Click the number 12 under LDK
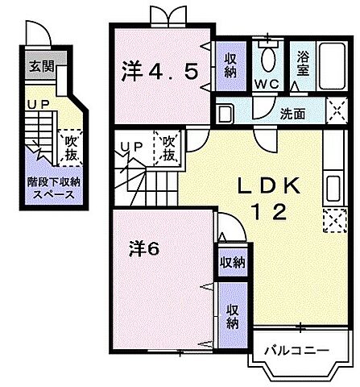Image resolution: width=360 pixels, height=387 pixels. [268, 214]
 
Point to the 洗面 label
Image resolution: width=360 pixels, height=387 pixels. [292, 114]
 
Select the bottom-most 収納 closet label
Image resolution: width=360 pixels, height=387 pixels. [232, 317]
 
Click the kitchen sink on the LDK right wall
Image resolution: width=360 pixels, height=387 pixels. [333, 190]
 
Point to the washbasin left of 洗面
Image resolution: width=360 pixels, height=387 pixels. [226, 113]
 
